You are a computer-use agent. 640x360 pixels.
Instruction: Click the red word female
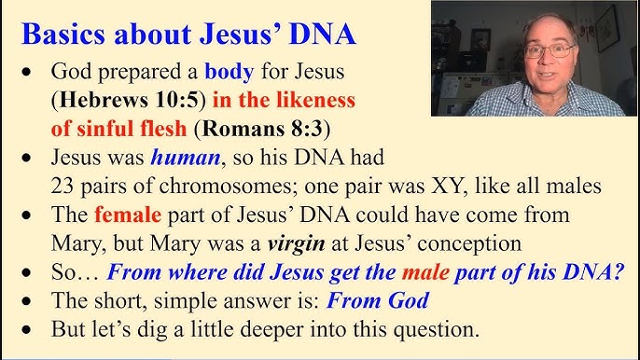click(x=128, y=216)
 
